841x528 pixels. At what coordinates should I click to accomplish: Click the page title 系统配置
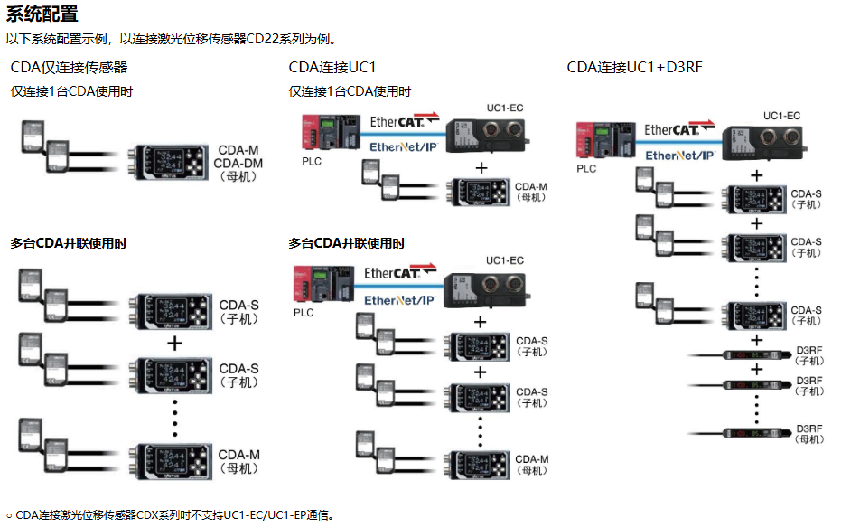pos(42,14)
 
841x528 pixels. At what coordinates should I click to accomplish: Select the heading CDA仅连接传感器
pos(69,68)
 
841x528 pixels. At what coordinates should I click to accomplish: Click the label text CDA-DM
pos(238,163)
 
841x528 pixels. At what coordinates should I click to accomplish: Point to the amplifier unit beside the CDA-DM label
pos(170,164)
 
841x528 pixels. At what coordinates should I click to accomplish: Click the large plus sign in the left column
pos(175,344)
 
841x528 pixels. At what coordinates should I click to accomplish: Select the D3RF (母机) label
pos(810,434)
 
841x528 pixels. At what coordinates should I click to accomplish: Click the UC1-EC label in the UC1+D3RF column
pos(781,116)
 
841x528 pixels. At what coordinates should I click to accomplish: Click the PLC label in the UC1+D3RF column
pos(587,168)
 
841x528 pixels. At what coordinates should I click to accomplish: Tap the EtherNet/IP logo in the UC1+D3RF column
pos(681,156)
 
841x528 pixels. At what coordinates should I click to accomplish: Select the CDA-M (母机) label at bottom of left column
pos(238,460)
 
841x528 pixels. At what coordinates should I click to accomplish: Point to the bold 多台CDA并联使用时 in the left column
pos(69,243)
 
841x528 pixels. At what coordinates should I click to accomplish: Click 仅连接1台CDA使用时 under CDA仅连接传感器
pos(71,91)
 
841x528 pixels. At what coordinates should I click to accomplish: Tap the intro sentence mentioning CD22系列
pos(173,39)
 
